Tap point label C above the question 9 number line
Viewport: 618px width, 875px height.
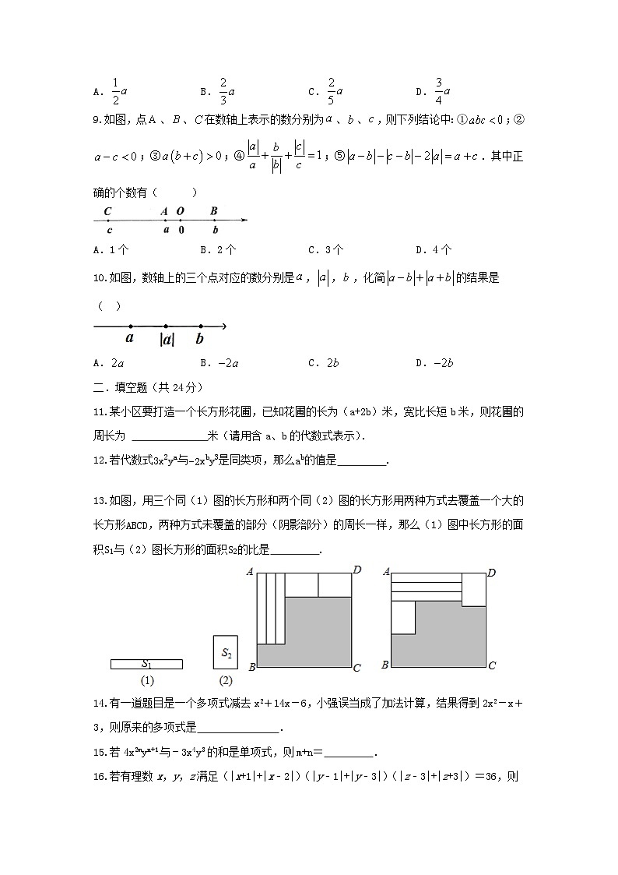107,211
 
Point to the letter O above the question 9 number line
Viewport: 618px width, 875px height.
181,211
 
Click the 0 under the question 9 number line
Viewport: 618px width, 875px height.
181,231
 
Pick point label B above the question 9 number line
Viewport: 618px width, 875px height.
214,211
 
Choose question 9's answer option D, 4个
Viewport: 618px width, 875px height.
434,250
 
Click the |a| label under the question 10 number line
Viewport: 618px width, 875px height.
167,339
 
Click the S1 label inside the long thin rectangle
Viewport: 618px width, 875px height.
146,664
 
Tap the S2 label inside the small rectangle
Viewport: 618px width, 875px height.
226,653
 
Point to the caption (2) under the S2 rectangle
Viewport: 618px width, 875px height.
226,680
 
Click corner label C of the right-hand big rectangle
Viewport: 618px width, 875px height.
493,666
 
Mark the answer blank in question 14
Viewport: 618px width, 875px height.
238,729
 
